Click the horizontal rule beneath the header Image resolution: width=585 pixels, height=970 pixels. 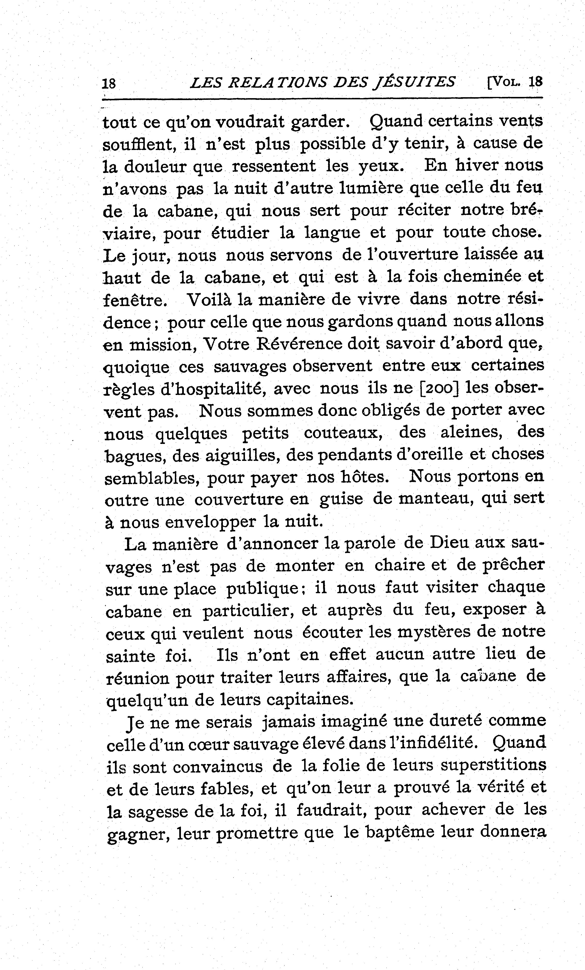(x=322, y=99)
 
